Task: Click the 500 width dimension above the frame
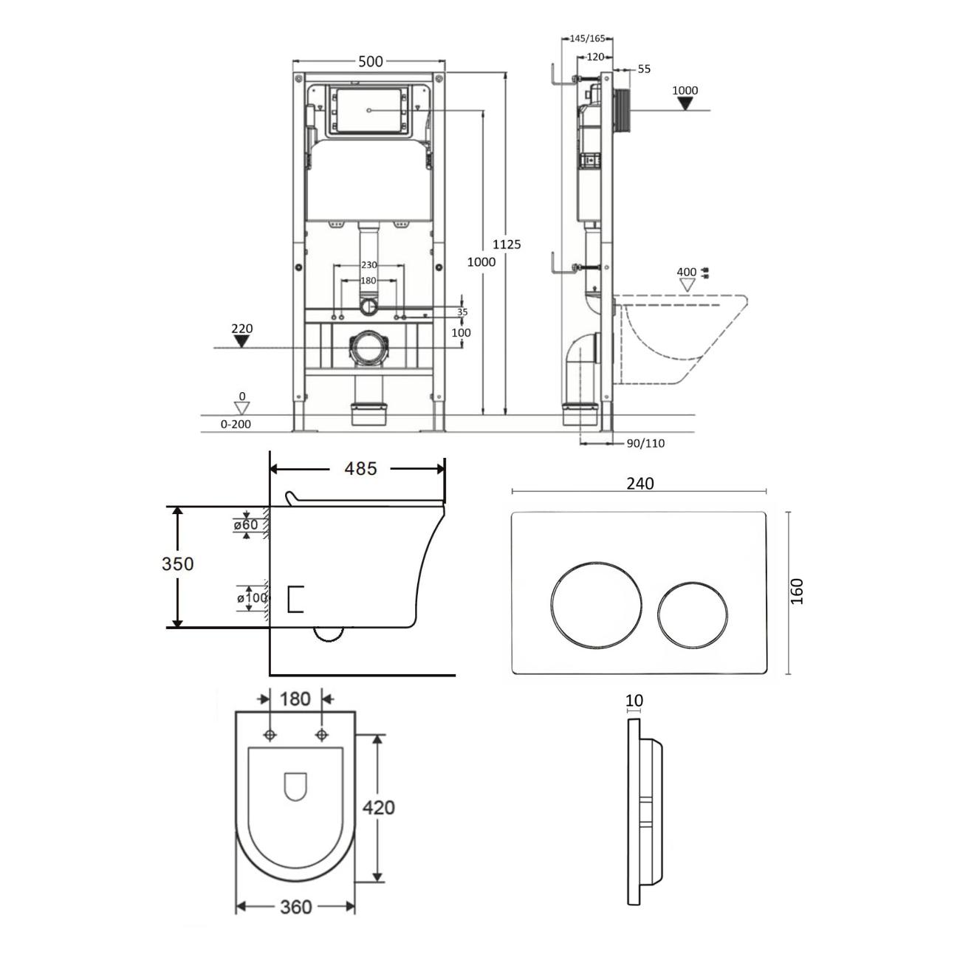(371, 61)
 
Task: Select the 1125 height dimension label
(507, 244)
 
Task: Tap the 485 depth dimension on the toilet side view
(360, 468)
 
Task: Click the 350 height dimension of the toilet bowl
(177, 563)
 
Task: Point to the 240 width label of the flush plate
(640, 483)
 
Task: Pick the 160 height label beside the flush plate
(798, 592)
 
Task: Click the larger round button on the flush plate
(596, 605)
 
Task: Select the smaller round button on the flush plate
(692, 615)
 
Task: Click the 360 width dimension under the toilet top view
(296, 907)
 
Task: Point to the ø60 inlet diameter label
(246, 524)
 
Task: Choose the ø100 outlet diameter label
(253, 597)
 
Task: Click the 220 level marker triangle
(241, 341)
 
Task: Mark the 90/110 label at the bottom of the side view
(645, 443)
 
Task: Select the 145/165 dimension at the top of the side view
(587, 38)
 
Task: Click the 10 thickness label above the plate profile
(634, 701)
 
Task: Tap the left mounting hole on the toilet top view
(270, 735)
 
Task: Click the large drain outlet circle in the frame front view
(368, 349)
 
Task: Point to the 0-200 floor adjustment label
(236, 425)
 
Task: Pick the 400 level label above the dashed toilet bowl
(686, 272)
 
